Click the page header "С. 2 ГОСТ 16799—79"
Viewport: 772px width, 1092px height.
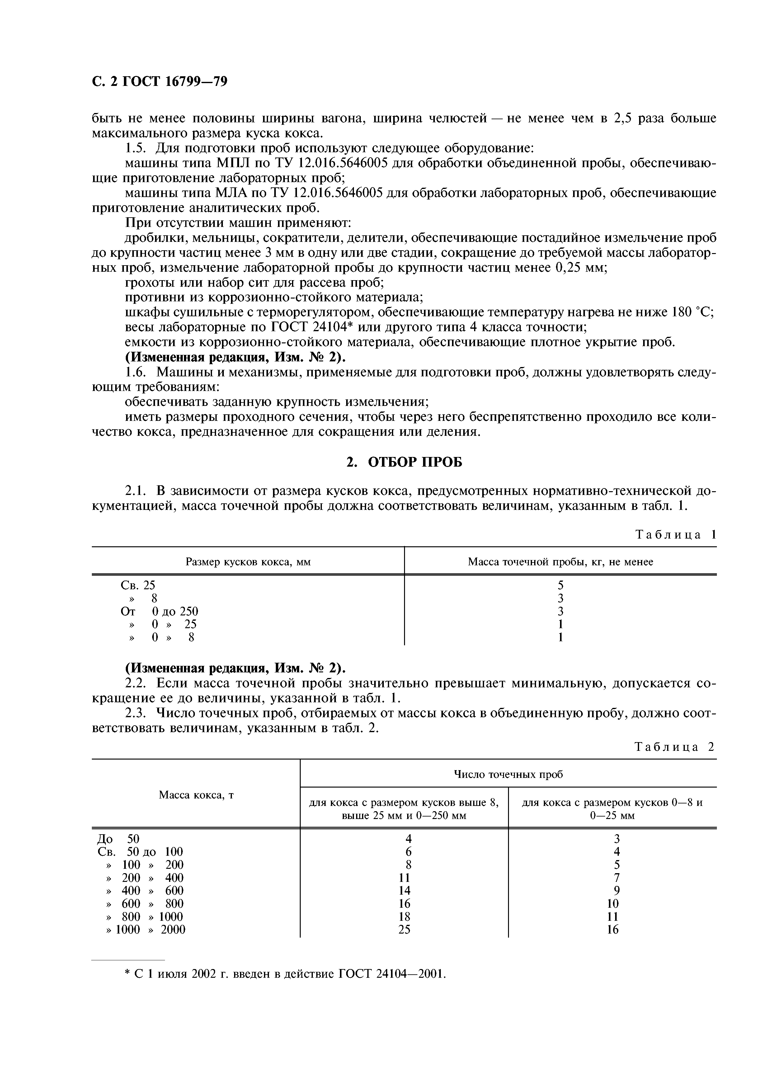tap(159, 82)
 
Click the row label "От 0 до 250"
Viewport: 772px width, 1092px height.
tap(159, 611)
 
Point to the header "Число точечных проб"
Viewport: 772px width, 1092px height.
tap(508, 774)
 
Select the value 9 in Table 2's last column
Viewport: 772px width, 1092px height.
tap(613, 890)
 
